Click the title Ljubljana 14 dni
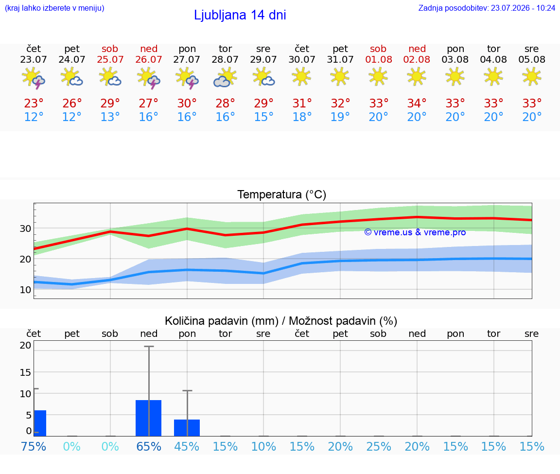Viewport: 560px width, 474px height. (x=240, y=15)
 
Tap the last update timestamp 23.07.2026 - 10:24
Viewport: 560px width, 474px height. (x=523, y=8)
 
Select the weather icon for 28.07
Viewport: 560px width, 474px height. (x=225, y=77)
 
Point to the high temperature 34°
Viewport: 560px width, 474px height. (x=417, y=104)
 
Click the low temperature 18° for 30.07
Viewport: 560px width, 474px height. (x=302, y=117)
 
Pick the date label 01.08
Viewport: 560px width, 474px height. (x=379, y=60)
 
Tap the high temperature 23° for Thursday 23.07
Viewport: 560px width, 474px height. (x=34, y=104)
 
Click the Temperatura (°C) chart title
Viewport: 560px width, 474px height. (x=282, y=194)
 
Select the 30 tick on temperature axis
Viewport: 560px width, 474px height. (x=25, y=228)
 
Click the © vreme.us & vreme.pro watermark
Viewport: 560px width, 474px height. (x=415, y=232)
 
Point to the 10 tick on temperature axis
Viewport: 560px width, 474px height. (x=25, y=290)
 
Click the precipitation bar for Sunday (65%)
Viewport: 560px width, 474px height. (x=149, y=418)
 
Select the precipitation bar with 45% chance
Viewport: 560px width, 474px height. (x=187, y=428)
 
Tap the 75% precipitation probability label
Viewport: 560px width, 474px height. (x=34, y=446)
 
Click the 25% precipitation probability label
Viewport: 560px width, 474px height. (x=379, y=446)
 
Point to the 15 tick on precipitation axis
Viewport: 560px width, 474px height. (x=25, y=372)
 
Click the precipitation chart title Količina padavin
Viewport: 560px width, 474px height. (x=222, y=321)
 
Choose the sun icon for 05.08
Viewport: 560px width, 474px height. (x=532, y=77)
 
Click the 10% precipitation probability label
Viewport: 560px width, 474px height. (x=263, y=446)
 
